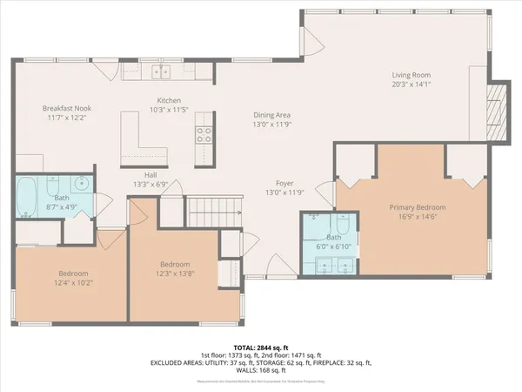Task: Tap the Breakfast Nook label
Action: (x=67, y=109)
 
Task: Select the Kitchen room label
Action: (x=168, y=100)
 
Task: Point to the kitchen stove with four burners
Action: (x=204, y=134)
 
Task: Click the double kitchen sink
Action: (x=161, y=72)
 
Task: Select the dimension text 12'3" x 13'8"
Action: (x=176, y=274)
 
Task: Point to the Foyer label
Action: (x=284, y=183)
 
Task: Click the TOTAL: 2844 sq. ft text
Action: (x=260, y=347)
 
